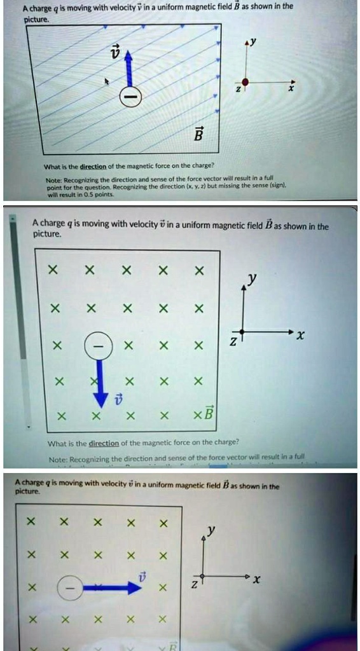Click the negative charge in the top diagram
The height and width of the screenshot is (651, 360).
click(x=130, y=95)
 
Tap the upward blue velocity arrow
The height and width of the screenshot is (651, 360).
click(x=129, y=67)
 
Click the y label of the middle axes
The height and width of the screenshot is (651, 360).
click(x=253, y=279)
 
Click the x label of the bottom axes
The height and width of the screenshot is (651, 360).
click(x=256, y=580)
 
